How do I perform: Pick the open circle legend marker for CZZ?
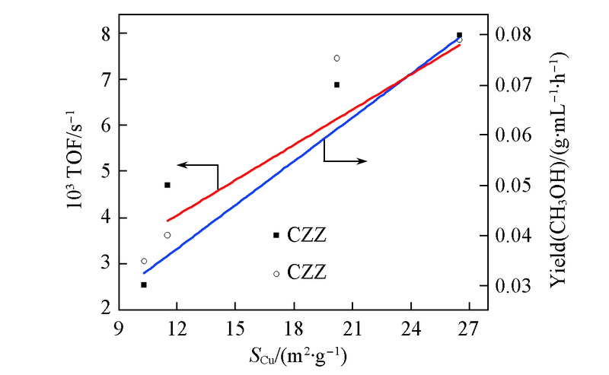[276, 273]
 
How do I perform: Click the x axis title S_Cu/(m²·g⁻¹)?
[301, 354]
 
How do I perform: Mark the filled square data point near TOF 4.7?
[167, 185]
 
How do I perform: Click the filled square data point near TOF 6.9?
[336, 84]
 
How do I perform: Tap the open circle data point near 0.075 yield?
[336, 58]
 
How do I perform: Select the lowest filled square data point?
[144, 284]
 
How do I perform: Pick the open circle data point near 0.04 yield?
[167, 235]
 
